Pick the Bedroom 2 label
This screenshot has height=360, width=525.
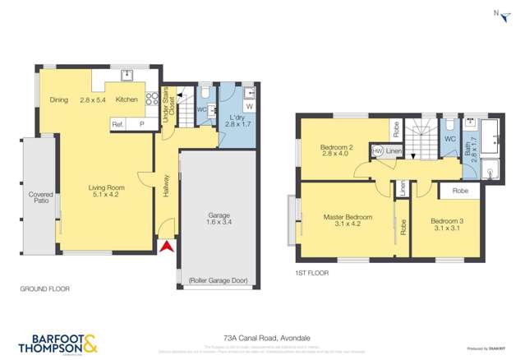tap(336, 151)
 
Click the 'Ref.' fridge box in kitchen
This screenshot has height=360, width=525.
tap(118, 123)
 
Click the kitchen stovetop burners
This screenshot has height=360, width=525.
tap(151, 100)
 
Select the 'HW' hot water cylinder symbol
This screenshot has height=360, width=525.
tap(377, 151)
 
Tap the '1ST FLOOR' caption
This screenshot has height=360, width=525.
tap(313, 271)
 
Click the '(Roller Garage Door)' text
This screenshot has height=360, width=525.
tap(218, 279)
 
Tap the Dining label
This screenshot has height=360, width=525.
tap(58, 99)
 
